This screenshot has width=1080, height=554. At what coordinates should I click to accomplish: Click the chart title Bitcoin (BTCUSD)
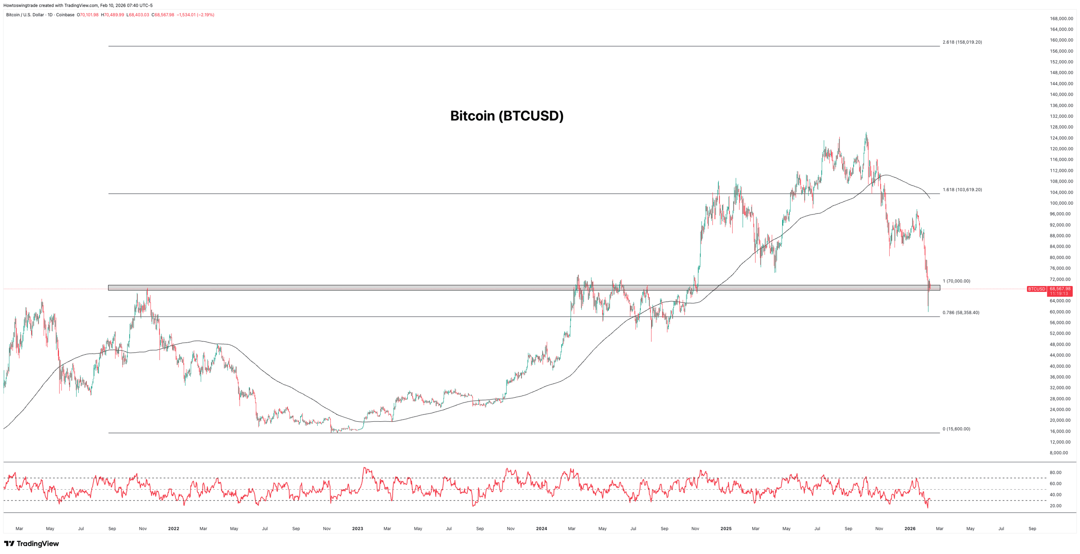(x=507, y=116)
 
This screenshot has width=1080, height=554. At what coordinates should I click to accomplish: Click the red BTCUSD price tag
(x=1036, y=289)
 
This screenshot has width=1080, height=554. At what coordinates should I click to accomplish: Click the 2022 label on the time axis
(x=173, y=529)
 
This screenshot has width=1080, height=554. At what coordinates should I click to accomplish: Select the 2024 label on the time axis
(x=541, y=529)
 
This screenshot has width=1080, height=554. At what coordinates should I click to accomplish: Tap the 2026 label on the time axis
(x=909, y=529)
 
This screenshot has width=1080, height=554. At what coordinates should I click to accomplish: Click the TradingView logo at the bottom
(x=31, y=544)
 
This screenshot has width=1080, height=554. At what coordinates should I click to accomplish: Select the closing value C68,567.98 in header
(x=163, y=15)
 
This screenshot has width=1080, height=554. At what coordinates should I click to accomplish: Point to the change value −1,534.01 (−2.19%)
(x=195, y=15)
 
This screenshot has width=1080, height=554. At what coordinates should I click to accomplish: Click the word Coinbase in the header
(x=65, y=15)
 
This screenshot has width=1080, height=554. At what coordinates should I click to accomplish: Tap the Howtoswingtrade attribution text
(x=21, y=5)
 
